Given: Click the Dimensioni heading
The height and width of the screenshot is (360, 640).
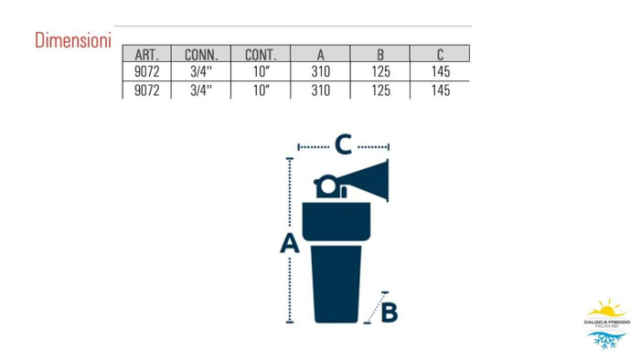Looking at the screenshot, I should tap(72, 41).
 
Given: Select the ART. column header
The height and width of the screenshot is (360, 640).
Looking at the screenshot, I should tap(146, 54).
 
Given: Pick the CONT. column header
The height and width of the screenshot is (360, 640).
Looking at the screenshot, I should tap(260, 54).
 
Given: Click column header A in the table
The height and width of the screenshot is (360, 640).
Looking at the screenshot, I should tap(320, 54).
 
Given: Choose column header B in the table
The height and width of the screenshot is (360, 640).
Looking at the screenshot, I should tap(380, 54).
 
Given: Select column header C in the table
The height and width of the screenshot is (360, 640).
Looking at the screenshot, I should tap(440, 54).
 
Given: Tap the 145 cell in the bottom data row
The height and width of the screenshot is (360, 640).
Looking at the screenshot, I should tap(440, 90).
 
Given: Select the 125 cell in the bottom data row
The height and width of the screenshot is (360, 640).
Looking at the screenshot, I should tap(380, 90).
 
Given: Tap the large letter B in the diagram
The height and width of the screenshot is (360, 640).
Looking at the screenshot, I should tap(389, 312).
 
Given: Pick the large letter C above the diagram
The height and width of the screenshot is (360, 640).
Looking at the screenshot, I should tap(343, 143).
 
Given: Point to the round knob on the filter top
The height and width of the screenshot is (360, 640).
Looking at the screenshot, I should tap(326, 186).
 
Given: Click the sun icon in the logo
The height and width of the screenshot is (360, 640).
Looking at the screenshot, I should tap(606, 308).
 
